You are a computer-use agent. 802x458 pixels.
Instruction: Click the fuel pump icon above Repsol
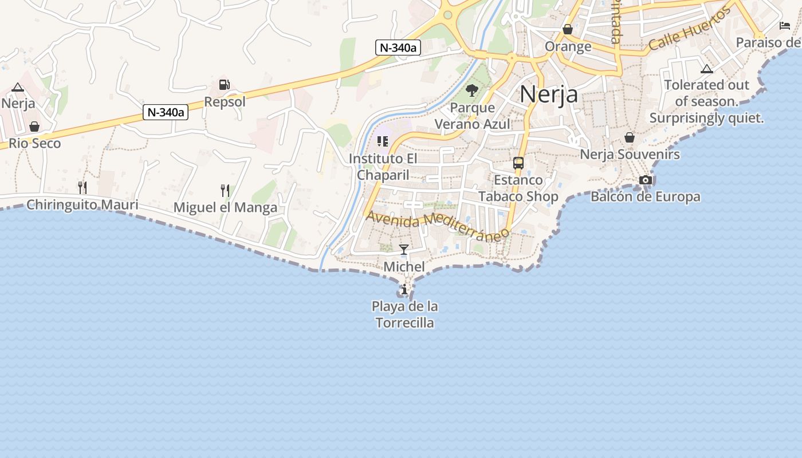pyautogui.click(x=224, y=85)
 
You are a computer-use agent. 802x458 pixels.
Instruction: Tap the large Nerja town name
pyautogui.click(x=549, y=94)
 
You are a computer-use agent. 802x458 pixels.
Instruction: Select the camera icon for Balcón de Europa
pyautogui.click(x=646, y=180)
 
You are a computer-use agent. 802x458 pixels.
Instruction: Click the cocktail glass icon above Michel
pyautogui.click(x=404, y=249)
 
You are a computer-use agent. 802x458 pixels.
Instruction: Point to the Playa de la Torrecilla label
pyautogui.click(x=405, y=314)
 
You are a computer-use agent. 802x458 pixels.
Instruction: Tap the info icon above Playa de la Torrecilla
pyautogui.click(x=404, y=289)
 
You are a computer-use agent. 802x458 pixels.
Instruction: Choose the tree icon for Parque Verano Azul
pyautogui.click(x=472, y=90)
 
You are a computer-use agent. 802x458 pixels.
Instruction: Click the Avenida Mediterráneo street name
pyautogui.click(x=438, y=226)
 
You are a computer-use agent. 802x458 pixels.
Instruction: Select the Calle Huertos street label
pyautogui.click(x=690, y=30)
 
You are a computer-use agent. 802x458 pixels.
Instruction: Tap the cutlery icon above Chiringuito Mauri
pyautogui.click(x=82, y=187)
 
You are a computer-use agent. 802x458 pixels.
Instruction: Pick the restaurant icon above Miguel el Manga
pyautogui.click(x=225, y=190)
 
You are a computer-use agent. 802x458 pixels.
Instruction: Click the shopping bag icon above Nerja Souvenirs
pyautogui.click(x=630, y=137)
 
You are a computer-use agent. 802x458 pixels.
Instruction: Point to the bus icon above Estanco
pyautogui.click(x=518, y=163)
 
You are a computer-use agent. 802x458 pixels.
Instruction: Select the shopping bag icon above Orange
pyautogui.click(x=568, y=29)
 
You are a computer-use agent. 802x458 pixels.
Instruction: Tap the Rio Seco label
pyautogui.click(x=35, y=143)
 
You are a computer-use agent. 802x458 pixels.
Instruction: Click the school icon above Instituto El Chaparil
pyautogui.click(x=383, y=141)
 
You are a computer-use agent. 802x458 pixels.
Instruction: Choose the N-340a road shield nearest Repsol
pyautogui.click(x=166, y=112)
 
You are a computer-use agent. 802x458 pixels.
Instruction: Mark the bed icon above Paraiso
pyautogui.click(x=785, y=26)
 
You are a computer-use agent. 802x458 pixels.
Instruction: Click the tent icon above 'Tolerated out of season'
pyautogui.click(x=707, y=69)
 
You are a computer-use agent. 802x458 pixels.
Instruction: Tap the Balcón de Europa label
pyautogui.click(x=646, y=196)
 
